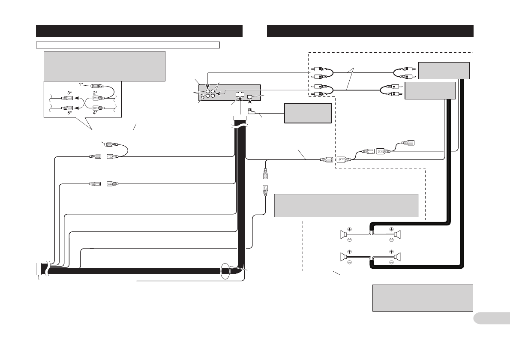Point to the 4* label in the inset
pos(96,113)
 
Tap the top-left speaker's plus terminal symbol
pos(350,229)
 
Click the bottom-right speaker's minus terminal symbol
pos(392,261)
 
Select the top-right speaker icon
pos(398,234)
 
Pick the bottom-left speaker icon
pos(343,257)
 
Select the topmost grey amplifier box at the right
pos(444,70)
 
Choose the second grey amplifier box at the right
pos(430,90)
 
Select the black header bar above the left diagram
pos(139,31)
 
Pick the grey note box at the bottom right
pos(422,297)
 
